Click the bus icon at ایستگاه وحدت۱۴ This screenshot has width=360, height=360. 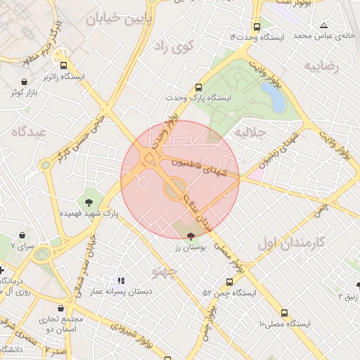tap(257, 26)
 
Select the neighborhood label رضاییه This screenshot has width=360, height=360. tap(321, 66)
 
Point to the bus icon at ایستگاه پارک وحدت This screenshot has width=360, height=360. tap(198, 88)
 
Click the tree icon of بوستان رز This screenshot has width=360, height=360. tap(192, 237)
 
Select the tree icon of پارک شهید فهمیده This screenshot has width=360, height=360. tap(89, 203)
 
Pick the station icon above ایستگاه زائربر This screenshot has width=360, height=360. tap(63, 63)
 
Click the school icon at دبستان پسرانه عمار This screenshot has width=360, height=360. tap(120, 280)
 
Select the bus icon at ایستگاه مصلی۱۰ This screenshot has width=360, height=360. tap(284, 312)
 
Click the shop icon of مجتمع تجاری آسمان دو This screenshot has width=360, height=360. tap(62, 308)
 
